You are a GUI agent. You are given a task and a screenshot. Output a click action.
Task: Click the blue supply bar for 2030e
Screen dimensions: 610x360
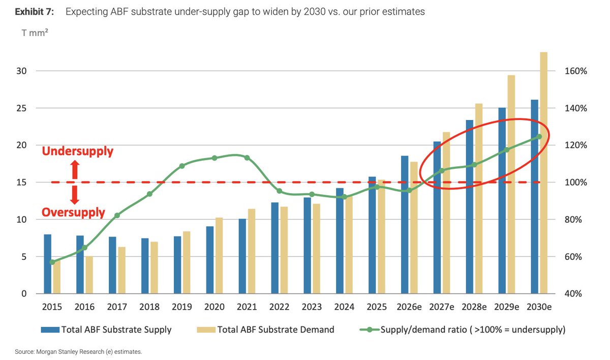point(535,197)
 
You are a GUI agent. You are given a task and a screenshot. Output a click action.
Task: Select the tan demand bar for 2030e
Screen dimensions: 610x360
point(544,173)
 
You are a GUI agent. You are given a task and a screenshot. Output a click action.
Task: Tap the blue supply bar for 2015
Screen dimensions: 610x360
point(48,264)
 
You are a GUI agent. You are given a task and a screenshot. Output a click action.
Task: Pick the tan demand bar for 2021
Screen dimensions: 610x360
point(252,251)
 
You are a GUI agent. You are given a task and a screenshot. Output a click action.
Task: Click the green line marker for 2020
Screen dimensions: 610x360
point(215,158)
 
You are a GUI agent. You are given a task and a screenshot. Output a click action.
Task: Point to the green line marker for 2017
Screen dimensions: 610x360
point(117,216)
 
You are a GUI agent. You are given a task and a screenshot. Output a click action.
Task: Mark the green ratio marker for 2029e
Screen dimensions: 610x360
point(506,150)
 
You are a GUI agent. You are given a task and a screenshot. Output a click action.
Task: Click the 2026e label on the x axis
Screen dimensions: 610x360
point(409,307)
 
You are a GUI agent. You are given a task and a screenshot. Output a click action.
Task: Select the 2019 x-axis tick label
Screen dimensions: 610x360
point(182,307)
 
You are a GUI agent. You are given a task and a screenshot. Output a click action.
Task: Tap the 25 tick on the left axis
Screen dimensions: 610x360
point(21,108)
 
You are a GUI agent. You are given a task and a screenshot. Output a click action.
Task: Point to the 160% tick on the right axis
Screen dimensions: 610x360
point(575,71)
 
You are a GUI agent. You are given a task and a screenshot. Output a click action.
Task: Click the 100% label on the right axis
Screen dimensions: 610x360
point(575,182)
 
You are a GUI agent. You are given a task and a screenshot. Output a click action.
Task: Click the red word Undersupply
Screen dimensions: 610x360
point(78,152)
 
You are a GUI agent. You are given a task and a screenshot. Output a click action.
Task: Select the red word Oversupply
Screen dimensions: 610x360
point(73,213)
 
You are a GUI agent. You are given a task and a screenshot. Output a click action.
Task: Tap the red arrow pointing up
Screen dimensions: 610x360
point(75,169)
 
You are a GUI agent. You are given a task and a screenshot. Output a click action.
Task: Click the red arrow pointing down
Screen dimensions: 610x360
point(75,195)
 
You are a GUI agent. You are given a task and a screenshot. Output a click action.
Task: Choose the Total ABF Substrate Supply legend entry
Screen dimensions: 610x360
point(106,330)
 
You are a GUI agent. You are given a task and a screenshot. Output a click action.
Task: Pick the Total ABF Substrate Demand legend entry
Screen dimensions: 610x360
point(265,330)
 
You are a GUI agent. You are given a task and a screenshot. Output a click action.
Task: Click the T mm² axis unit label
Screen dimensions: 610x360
point(35,33)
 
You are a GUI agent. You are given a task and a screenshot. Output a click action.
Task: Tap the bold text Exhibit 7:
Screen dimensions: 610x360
point(35,12)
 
